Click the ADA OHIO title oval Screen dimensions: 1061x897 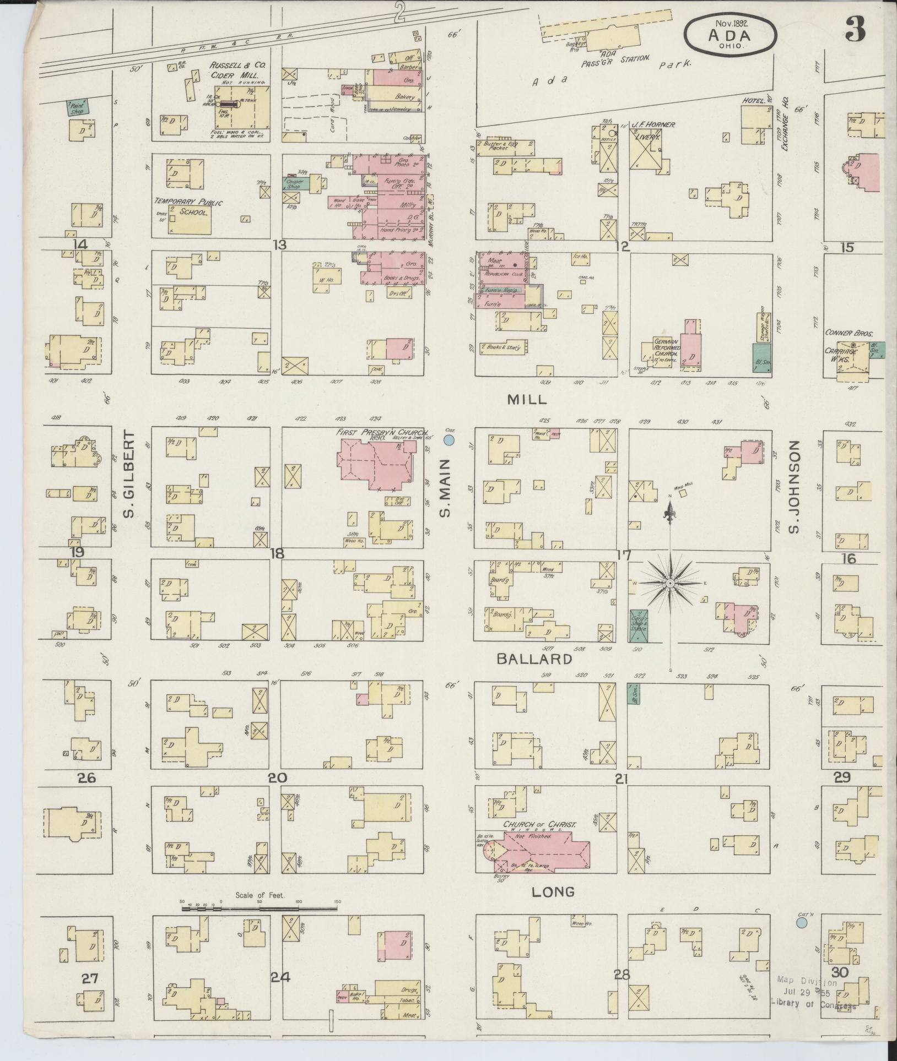(x=730, y=34)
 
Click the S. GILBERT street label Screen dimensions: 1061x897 (x=129, y=475)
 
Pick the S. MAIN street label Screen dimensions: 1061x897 (x=445, y=489)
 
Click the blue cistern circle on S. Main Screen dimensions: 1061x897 (x=449, y=440)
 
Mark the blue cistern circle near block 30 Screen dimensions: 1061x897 (x=803, y=922)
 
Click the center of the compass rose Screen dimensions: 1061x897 (x=670, y=583)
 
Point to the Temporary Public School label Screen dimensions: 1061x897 (x=188, y=207)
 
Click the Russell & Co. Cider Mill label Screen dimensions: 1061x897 (x=237, y=70)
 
